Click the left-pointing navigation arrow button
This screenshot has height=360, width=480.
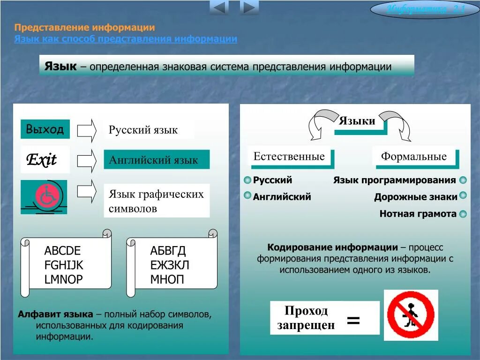219,7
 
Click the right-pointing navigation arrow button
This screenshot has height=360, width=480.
249,7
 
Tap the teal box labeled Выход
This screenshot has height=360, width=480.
45,129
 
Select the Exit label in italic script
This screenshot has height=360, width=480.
42,160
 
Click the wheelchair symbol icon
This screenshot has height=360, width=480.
44,196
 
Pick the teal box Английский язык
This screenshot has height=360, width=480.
157,160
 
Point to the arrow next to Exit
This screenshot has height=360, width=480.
87,160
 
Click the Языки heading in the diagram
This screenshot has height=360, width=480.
357,121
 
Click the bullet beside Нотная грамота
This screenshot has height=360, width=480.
463,214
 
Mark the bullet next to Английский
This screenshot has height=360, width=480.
247,196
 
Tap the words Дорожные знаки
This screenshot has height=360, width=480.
415,197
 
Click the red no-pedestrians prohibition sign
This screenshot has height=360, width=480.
411,315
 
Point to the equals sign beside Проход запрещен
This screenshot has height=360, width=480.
353,321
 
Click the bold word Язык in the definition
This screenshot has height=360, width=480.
60,66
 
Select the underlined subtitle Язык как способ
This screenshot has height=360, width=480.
125,39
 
